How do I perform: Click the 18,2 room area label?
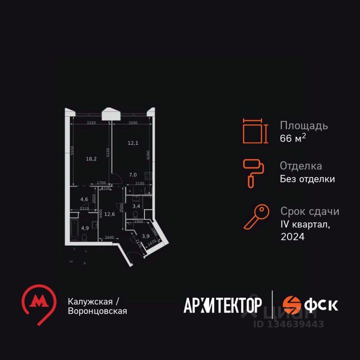click(91, 159)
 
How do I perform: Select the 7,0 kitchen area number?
click(133, 174)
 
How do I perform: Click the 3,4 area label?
click(137, 205)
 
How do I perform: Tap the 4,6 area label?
click(84, 199)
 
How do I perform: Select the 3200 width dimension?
click(133, 123)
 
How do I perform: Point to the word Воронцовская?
click(97, 311)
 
